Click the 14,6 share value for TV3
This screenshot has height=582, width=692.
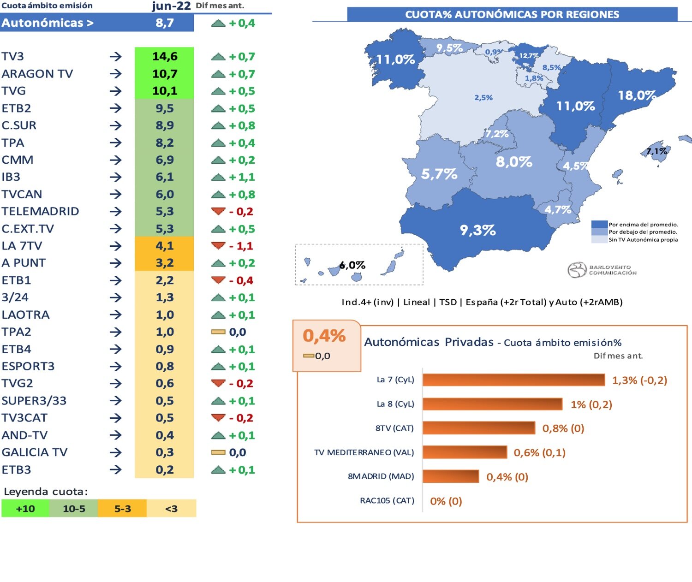(164, 56)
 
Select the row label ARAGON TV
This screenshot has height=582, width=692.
(37, 74)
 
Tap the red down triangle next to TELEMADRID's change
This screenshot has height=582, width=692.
(218, 211)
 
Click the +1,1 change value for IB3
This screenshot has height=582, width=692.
(242, 177)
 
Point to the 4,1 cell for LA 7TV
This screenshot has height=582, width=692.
(164, 246)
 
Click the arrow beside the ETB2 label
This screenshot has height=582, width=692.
(115, 108)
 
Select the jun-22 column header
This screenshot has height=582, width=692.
(171, 6)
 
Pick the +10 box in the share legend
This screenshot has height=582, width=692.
(25, 509)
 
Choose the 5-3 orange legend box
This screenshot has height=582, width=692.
(122, 509)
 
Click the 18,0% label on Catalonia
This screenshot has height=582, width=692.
(637, 95)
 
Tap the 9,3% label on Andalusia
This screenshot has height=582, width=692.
(477, 230)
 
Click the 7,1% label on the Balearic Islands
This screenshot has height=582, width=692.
(656, 151)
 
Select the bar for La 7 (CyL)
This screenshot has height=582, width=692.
(513, 380)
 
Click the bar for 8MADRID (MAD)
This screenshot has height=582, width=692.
(450, 476)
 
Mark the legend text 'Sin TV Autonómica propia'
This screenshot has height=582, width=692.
(643, 240)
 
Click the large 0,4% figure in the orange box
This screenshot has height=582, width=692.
(324, 336)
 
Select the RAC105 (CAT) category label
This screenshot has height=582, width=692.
(387, 501)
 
